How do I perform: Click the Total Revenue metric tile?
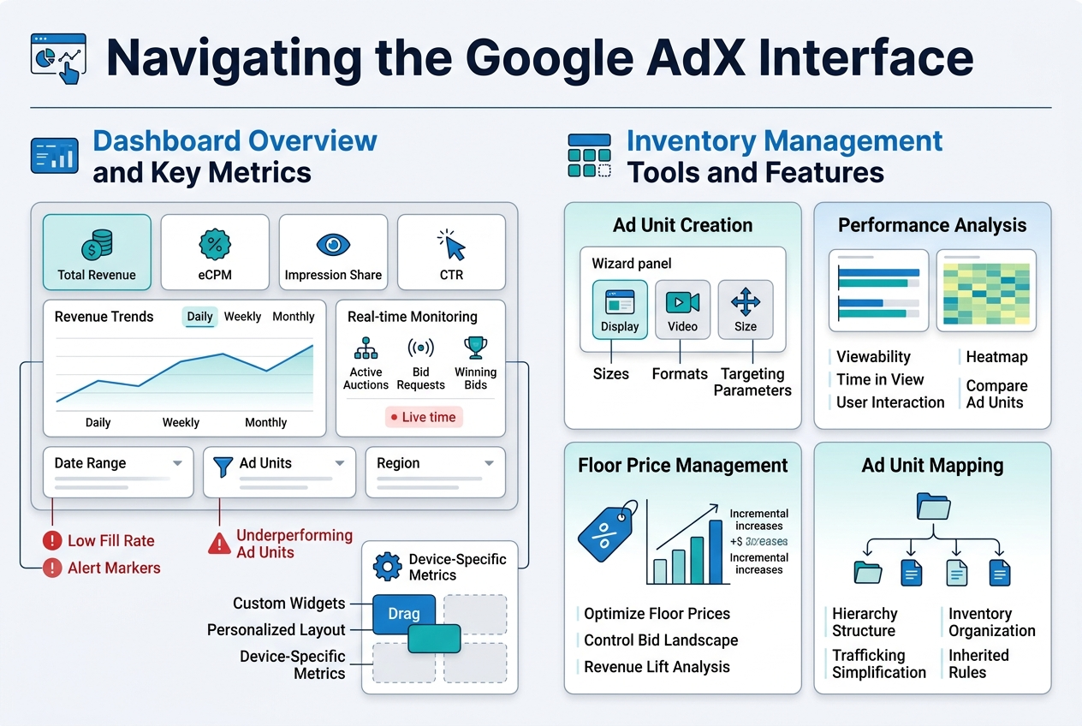[x=97, y=253]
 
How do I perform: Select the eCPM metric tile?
[x=215, y=253]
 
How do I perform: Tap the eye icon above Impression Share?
[x=333, y=245]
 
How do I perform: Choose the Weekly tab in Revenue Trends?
[x=242, y=317]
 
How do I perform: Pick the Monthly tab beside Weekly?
[x=294, y=317]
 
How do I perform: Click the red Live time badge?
[x=424, y=417]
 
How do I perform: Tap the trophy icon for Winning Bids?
[x=475, y=348]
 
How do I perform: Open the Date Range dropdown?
[x=118, y=463]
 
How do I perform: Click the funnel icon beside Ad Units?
[x=223, y=465]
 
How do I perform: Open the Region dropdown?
[x=436, y=463]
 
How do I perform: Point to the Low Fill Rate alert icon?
[x=52, y=541]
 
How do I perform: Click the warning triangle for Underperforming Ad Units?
[x=220, y=544]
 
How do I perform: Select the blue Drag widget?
[x=404, y=613]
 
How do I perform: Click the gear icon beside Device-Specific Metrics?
[x=388, y=567]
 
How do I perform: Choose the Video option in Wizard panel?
[x=682, y=309]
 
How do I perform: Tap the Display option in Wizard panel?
[x=620, y=309]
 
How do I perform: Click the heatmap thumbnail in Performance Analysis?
[x=986, y=291]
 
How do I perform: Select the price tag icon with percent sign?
[x=608, y=532]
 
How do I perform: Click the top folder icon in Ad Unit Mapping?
[x=932, y=505]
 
